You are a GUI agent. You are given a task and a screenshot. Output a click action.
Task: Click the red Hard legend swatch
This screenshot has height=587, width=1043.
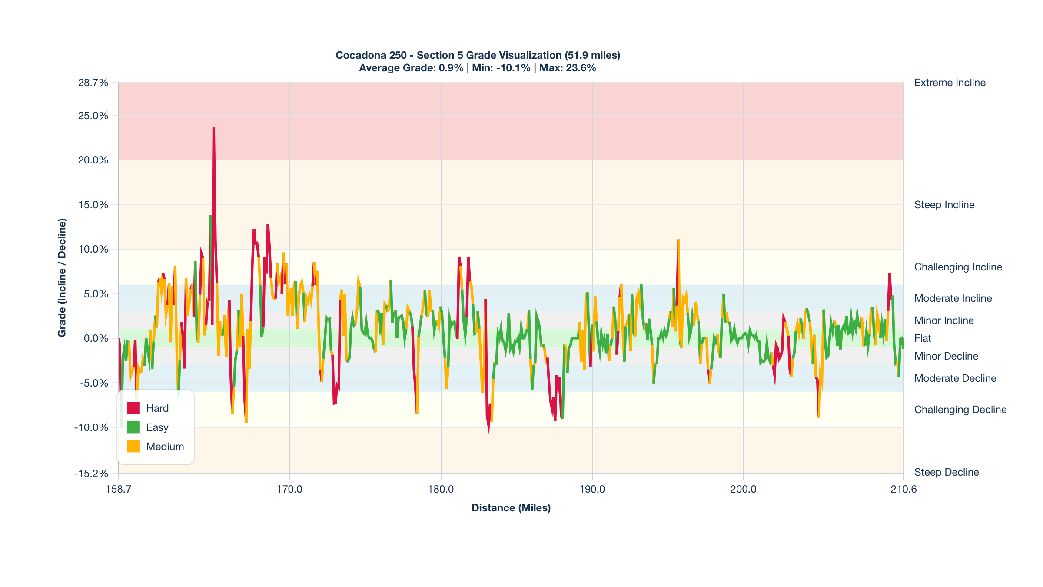133,408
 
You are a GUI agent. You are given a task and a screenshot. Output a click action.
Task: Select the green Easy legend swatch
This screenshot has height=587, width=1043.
133,427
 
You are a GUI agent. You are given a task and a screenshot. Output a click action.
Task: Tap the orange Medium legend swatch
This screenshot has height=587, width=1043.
133,447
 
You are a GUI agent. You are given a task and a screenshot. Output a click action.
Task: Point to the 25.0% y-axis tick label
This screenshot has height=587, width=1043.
93,116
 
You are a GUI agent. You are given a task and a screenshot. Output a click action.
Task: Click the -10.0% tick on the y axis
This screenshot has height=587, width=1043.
91,427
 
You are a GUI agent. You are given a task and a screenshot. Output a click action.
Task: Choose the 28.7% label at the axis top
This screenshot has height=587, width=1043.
93,83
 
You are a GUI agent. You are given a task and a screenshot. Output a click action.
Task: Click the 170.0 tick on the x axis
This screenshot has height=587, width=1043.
289,489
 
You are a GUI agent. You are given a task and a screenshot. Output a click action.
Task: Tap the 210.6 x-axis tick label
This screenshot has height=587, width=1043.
903,489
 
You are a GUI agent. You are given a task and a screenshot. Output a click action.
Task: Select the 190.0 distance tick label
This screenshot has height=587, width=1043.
592,489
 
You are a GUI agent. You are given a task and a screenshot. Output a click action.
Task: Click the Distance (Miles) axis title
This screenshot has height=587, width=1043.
511,508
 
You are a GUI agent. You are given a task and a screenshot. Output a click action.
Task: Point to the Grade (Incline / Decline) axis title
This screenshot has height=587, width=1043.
62,278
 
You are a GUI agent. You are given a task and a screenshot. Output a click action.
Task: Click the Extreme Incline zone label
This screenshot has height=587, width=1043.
950,83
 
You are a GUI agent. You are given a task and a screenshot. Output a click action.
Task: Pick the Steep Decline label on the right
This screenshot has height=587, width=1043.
946,472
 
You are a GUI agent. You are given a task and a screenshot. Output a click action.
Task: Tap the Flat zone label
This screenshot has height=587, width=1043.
923,338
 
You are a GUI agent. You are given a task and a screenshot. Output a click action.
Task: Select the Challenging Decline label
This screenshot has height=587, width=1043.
960,410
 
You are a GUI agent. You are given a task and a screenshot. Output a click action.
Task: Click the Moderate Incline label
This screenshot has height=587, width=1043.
953,298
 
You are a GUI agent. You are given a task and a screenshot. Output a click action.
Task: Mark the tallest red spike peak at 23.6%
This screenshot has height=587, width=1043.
214,129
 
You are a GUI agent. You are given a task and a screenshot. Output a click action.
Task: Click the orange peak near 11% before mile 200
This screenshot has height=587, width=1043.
678,240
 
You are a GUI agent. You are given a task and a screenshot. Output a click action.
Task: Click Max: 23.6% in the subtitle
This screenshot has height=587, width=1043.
568,68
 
